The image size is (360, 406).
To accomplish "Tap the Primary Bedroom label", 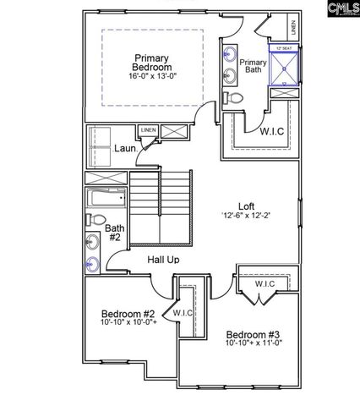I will click(x=153, y=63).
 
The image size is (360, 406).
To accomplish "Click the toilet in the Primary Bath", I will click(x=236, y=100).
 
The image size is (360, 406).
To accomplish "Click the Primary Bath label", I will click(x=253, y=68).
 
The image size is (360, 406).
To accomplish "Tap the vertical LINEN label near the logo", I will click(x=292, y=27).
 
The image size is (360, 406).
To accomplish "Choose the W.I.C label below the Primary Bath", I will click(x=271, y=130).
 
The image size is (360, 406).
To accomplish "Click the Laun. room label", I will click(x=125, y=149).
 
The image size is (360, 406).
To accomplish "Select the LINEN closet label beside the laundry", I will click(x=149, y=130).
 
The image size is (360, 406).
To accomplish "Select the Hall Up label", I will click(x=163, y=259).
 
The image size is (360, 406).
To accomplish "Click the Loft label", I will click(x=246, y=205).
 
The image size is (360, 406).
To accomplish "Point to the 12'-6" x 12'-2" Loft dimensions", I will click(x=246, y=215).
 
